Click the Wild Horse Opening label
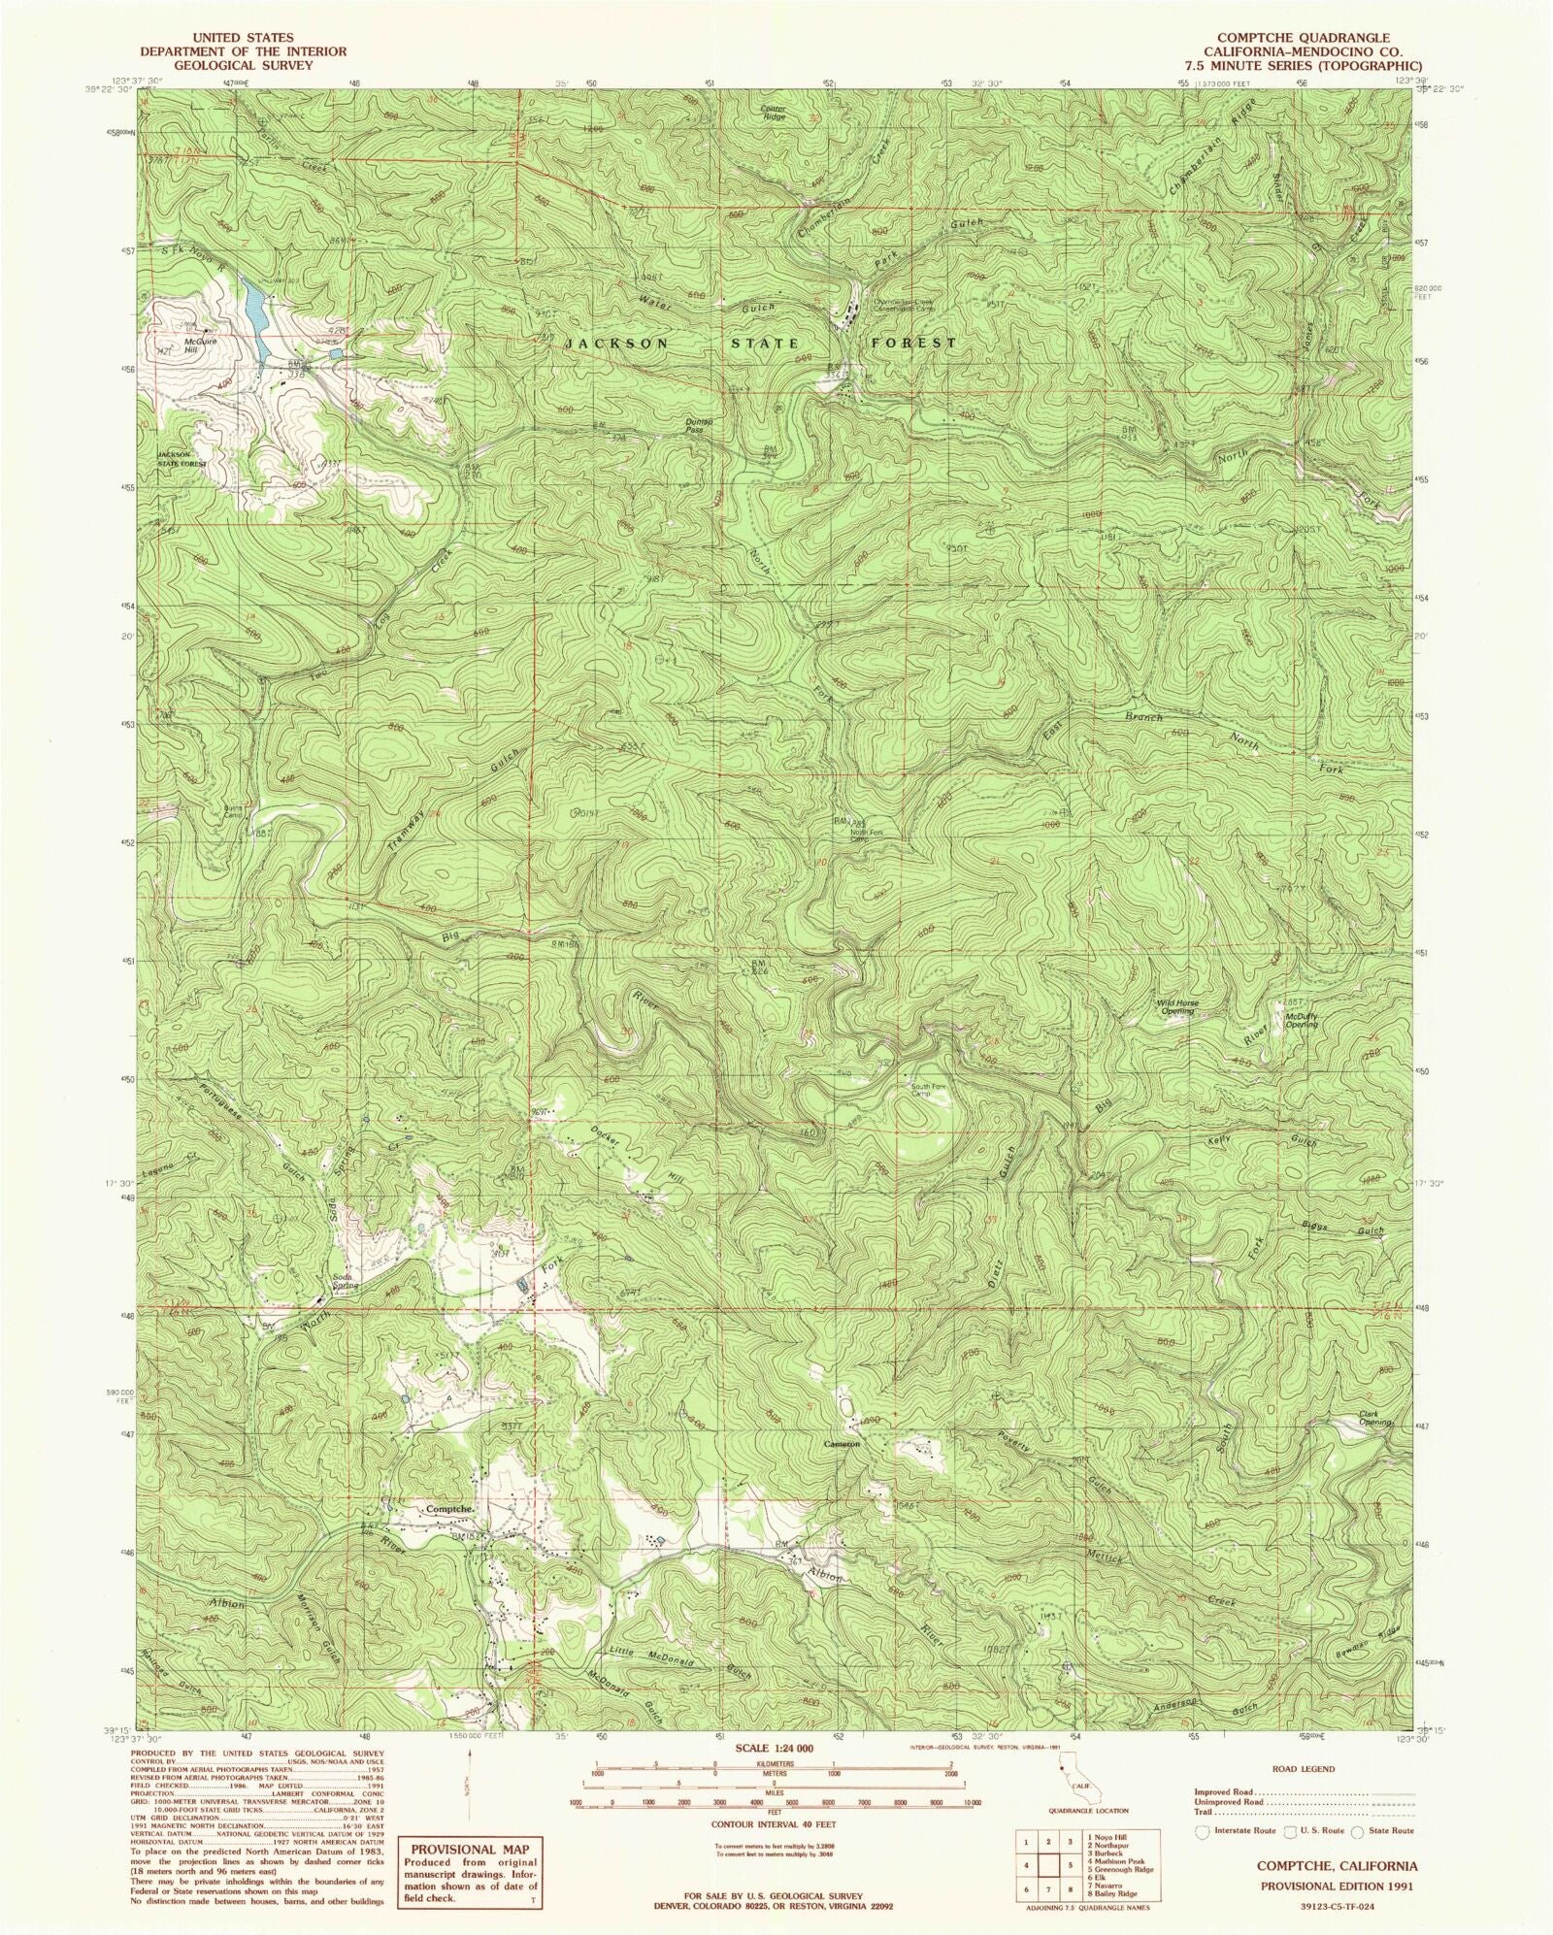[1174, 1007]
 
